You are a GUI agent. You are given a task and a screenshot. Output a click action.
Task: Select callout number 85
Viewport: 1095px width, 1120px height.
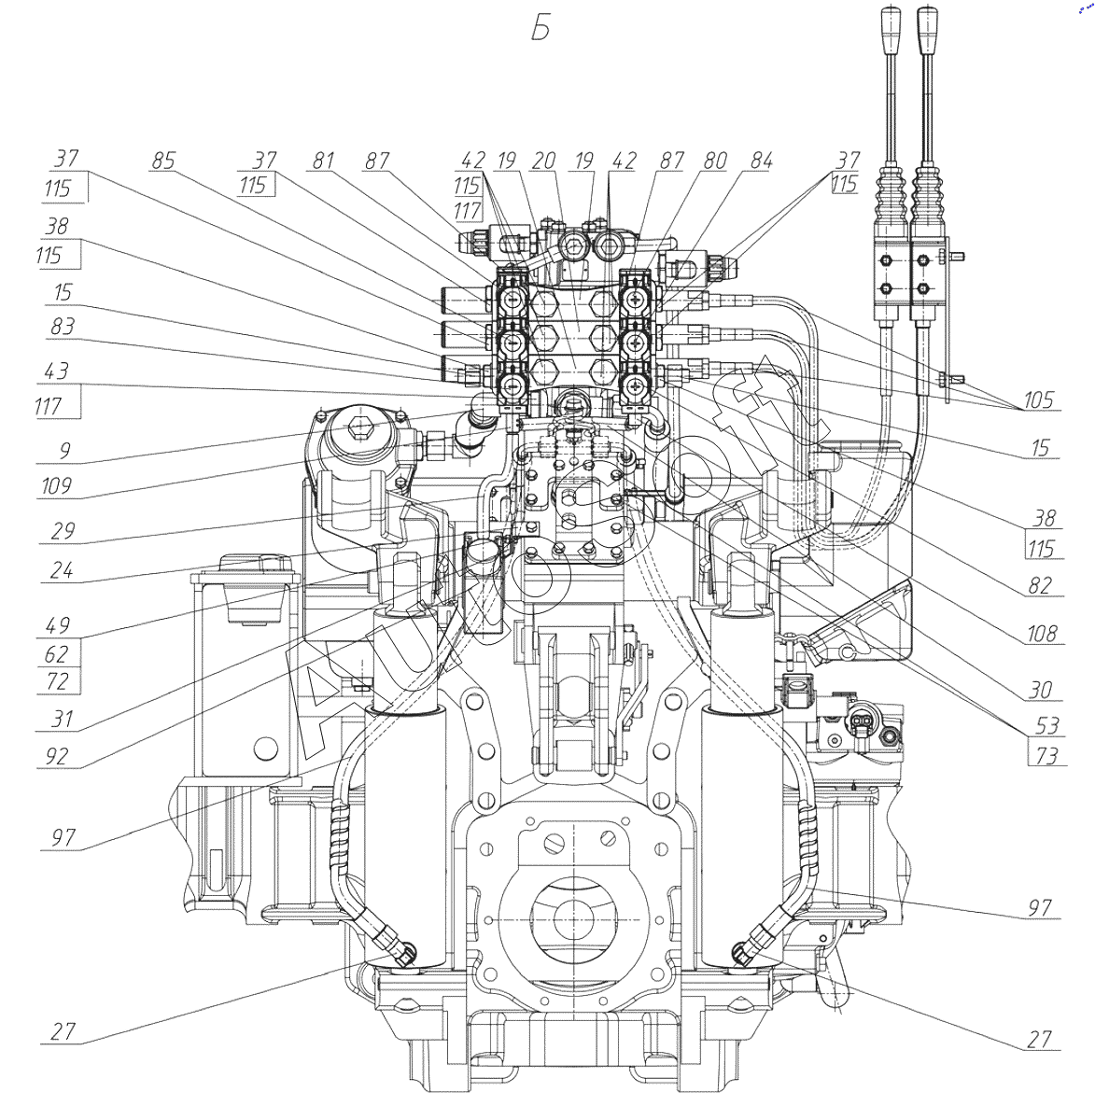pos(163,161)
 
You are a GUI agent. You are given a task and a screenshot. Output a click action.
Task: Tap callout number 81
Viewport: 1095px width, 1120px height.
pos(323,161)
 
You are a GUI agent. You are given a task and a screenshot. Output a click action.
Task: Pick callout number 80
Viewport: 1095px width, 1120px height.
pos(714,161)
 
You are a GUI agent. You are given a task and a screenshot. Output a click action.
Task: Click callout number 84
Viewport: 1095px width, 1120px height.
pos(761,161)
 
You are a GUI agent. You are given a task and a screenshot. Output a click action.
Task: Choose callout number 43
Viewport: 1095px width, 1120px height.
pos(57,371)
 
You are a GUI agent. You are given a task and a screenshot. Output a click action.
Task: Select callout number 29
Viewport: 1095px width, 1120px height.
pos(62,530)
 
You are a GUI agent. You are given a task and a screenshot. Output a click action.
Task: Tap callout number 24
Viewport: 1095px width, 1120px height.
pos(62,568)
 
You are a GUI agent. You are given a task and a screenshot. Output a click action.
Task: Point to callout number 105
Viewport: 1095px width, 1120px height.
pos(1038,400)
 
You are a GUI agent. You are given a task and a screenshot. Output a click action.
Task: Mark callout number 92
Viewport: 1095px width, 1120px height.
pos(58,755)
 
